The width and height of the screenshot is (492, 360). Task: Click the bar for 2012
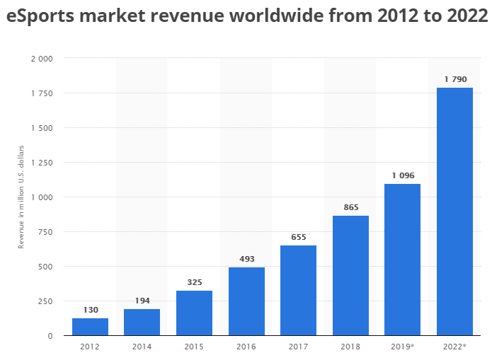pos(90,327)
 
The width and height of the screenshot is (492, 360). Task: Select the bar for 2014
pos(142,323)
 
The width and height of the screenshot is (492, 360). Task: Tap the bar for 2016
pos(246,301)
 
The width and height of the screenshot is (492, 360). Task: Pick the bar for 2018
pos(350,275)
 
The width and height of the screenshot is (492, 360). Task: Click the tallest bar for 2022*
pos(454,211)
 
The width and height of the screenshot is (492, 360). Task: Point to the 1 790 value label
pos(454,79)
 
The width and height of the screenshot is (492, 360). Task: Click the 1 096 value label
pos(402,175)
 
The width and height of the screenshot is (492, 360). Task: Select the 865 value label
pos(350,207)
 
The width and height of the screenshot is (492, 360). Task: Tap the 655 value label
pos(298,237)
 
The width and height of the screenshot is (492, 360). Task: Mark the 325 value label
pos(194,282)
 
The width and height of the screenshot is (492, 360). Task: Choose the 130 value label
pos(90,310)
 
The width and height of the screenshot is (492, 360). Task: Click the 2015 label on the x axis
pos(194,347)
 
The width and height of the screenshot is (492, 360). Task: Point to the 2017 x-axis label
pos(298,347)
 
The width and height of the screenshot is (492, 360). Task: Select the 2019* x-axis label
pos(402,347)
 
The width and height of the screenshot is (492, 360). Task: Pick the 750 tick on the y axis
pos(45,232)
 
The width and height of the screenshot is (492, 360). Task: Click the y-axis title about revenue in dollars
pos(21,196)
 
